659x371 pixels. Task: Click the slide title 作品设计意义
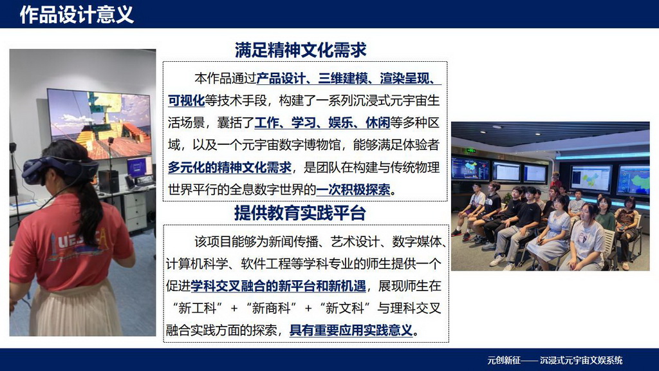(77, 14)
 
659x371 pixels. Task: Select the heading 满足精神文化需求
(301, 50)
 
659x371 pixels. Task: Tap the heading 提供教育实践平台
(300, 212)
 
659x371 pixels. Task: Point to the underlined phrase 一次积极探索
(355, 190)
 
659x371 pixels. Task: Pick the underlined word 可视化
(186, 100)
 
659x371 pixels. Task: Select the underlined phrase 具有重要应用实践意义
(350, 330)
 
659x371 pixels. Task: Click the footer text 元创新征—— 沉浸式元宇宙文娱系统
(555, 360)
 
